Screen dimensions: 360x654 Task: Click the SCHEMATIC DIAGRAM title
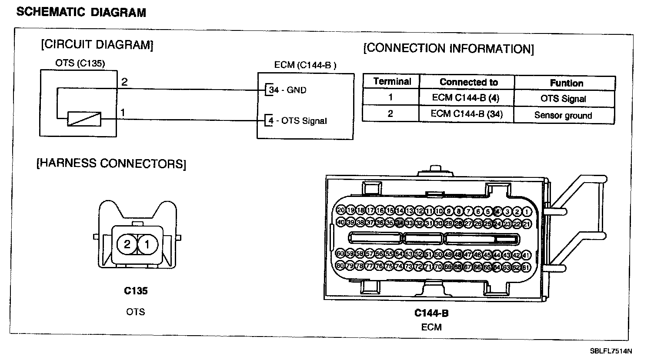pyautogui.click(x=81, y=13)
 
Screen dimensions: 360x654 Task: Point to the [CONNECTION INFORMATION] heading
pyautogui.click(x=448, y=48)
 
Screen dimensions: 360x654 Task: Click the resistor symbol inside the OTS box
pyautogui.click(x=84, y=119)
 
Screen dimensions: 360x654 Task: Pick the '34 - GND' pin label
pyautogui.click(x=287, y=90)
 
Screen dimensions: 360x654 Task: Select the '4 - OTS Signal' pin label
pyautogui.click(x=297, y=121)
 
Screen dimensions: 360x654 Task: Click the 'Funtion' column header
pyautogui.click(x=566, y=83)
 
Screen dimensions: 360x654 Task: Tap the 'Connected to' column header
pyautogui.click(x=468, y=82)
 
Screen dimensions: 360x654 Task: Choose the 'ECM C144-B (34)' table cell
pyautogui.click(x=466, y=114)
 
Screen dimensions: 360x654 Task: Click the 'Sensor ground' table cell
pyautogui.click(x=563, y=116)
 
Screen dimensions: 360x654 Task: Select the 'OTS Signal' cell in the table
pyautogui.click(x=563, y=99)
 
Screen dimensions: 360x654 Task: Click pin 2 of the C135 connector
pyautogui.click(x=127, y=244)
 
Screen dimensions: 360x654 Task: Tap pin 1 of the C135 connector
pyautogui.click(x=147, y=244)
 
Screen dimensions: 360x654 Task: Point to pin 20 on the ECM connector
pyautogui.click(x=341, y=210)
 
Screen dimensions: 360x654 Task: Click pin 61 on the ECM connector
pyautogui.click(x=526, y=267)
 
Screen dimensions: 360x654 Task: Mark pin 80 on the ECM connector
pyautogui.click(x=341, y=266)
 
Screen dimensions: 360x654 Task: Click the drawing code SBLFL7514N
pyautogui.click(x=611, y=351)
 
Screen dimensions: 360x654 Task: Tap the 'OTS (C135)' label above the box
pyautogui.click(x=80, y=63)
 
